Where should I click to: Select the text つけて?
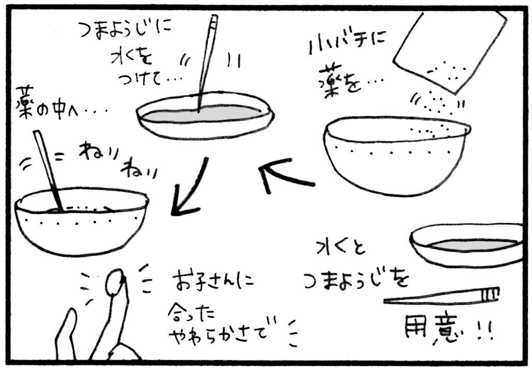(x=147, y=80)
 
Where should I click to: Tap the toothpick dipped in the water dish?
(x=206, y=63)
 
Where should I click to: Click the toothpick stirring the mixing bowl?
(x=48, y=171)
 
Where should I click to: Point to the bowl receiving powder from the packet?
(x=396, y=156)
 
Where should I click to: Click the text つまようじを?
(x=356, y=280)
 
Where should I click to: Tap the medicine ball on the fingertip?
(x=115, y=282)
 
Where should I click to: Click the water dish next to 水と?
(x=466, y=245)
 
